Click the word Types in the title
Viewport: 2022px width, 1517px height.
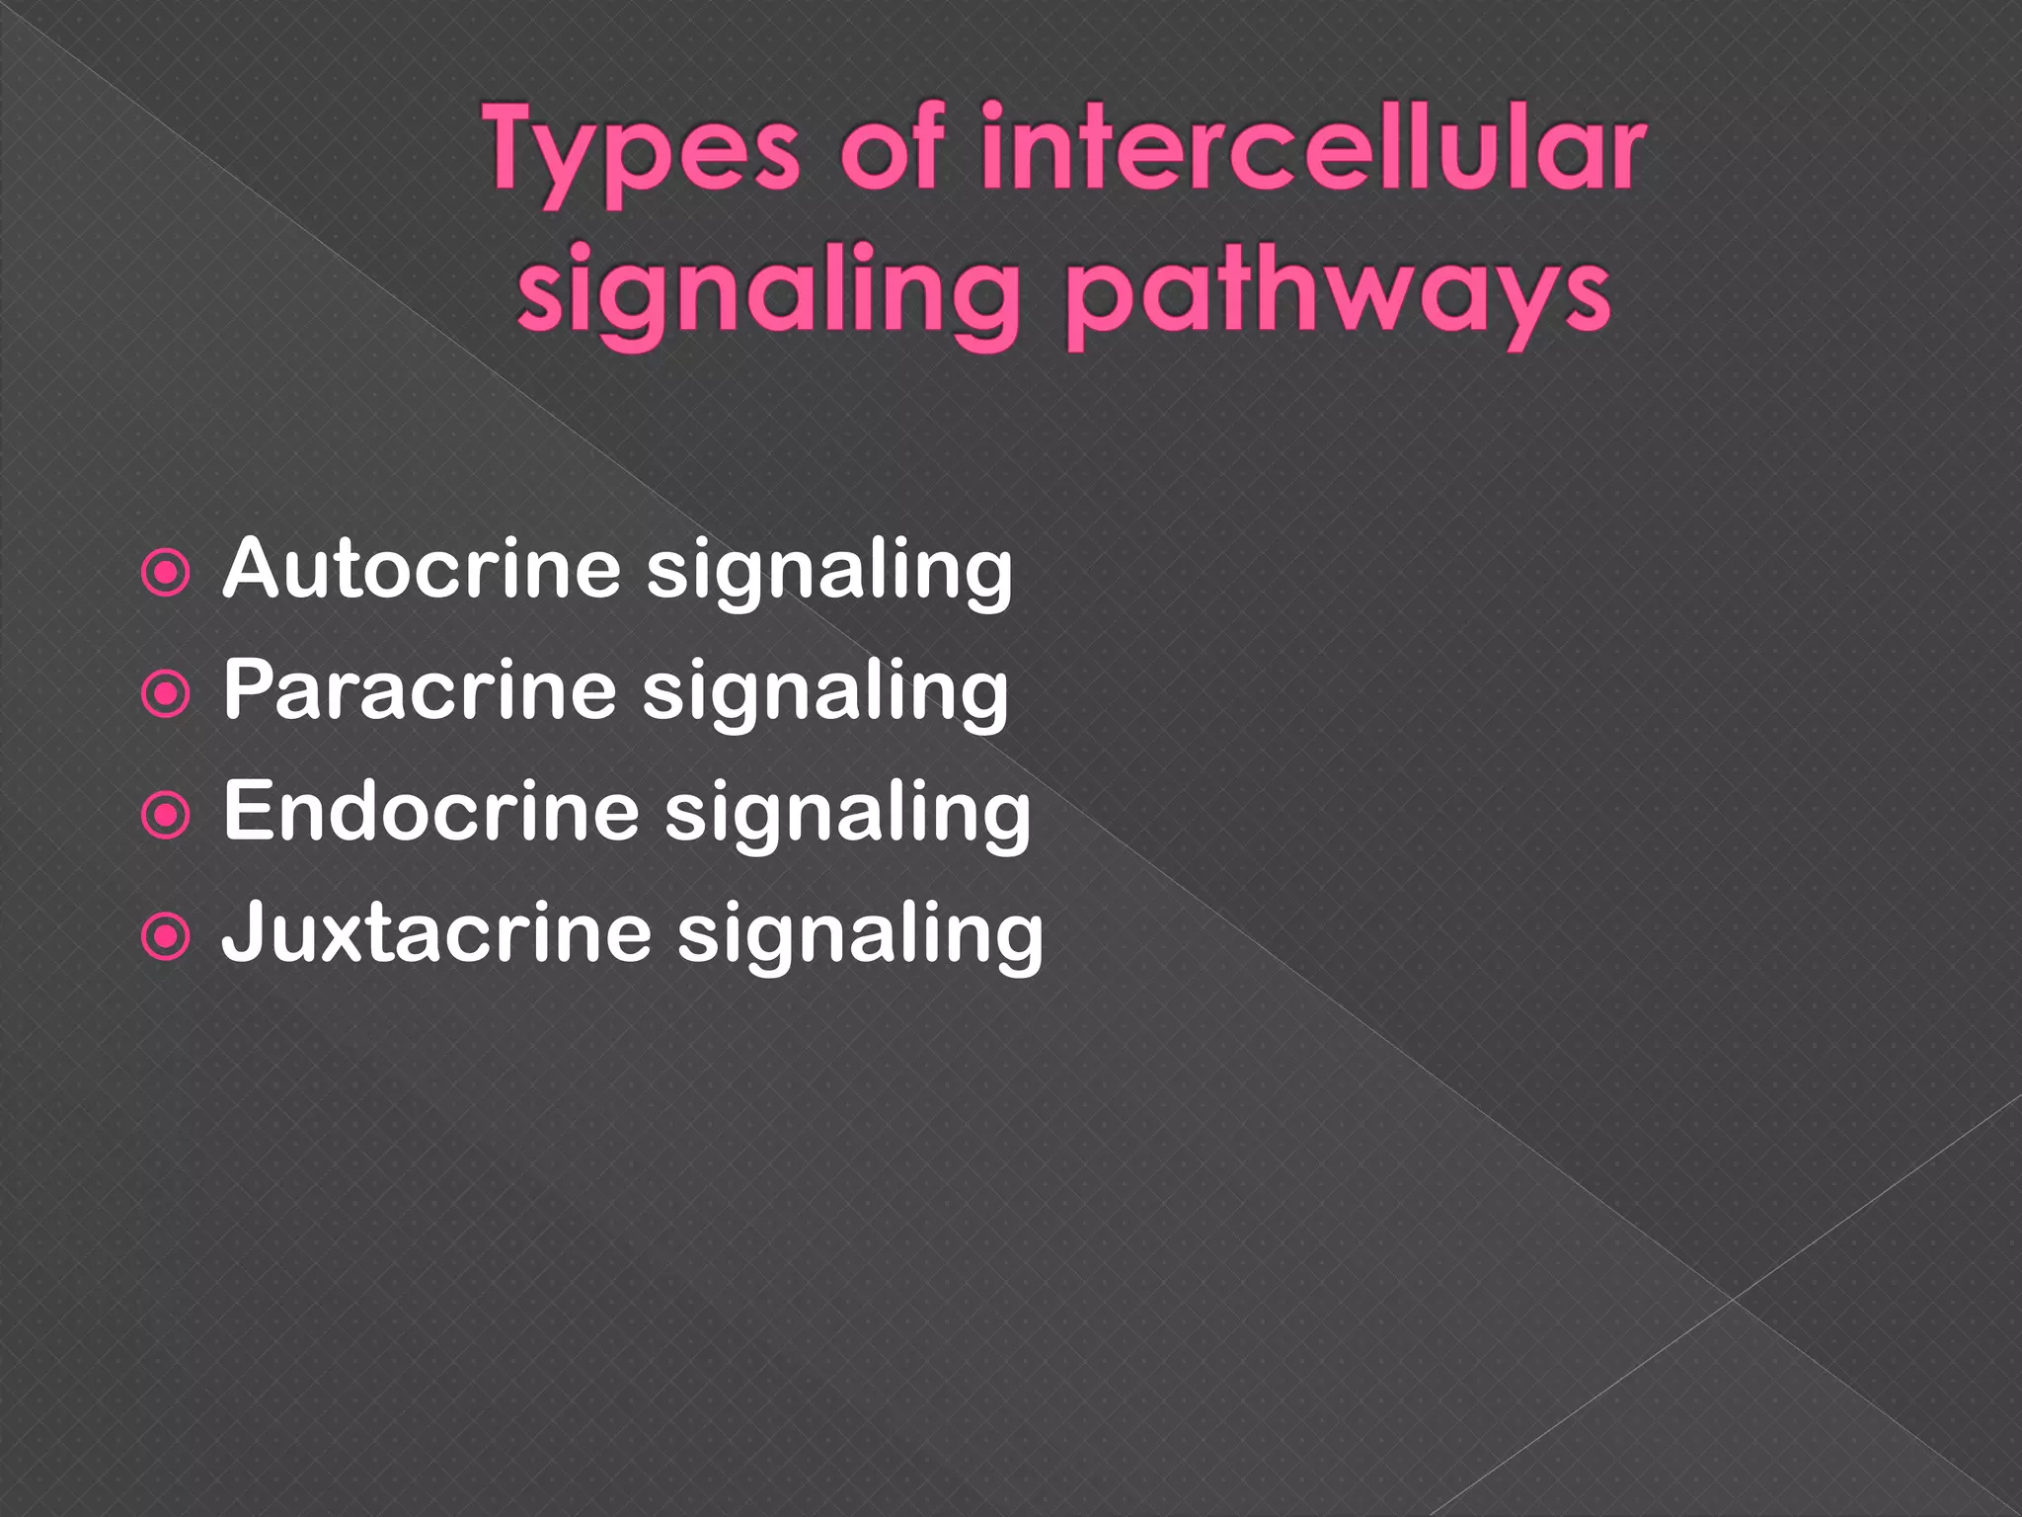point(642,153)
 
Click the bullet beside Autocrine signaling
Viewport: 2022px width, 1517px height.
point(166,574)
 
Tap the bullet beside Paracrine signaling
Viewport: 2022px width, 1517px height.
point(166,694)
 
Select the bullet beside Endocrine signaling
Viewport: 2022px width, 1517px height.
point(166,816)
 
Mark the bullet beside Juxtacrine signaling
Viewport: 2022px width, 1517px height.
point(166,937)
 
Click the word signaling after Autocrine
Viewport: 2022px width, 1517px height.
point(829,573)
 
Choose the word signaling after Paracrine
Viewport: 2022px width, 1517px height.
point(825,693)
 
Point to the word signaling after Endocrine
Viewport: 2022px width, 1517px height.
point(847,815)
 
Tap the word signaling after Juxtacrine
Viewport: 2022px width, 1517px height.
point(860,936)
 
